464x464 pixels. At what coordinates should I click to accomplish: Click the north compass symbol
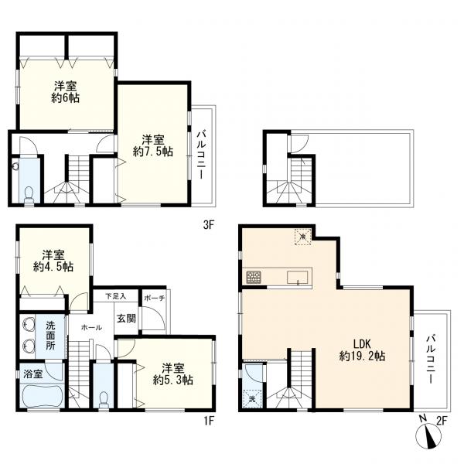point(428,435)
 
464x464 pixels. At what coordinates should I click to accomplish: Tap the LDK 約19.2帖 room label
point(362,350)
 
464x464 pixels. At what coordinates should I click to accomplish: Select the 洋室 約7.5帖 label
point(152,145)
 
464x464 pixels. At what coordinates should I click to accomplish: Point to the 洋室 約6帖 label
point(66,92)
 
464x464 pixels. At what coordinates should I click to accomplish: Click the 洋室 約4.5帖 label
point(53,261)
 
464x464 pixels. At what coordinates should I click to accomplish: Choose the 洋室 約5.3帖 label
point(173,374)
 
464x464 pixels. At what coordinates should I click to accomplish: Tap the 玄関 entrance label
point(126,319)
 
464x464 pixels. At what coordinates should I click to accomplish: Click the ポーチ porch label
point(154,299)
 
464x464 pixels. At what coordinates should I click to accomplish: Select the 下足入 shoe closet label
point(116,296)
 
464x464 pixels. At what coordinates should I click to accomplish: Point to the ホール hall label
point(91,327)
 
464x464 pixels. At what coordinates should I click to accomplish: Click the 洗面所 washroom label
point(50,336)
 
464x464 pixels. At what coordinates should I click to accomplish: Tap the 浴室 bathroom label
point(32,374)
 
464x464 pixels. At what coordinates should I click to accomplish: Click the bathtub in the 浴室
point(42,395)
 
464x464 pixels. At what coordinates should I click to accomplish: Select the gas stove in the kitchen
point(254,277)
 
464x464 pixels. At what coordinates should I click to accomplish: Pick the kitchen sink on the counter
point(297,278)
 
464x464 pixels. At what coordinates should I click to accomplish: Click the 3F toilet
point(29,194)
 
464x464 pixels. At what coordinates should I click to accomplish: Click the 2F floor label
point(442,421)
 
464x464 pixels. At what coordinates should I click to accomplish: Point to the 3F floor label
point(208,225)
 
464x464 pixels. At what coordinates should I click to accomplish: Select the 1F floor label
point(209,421)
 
